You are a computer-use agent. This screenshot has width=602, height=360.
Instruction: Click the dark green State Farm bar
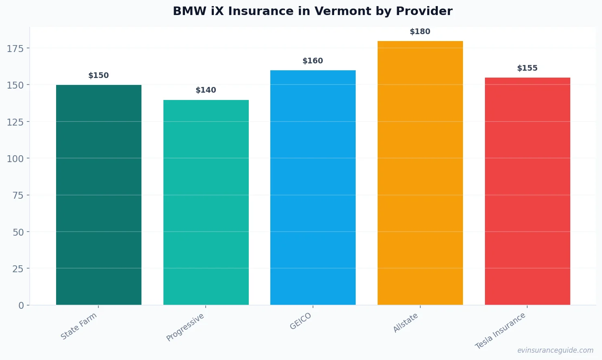pos(99,195)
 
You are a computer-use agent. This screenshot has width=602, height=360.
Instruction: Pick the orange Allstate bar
pos(420,173)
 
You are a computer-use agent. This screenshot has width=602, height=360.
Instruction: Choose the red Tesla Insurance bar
pos(527,191)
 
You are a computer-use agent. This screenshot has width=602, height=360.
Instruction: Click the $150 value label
pos(99,76)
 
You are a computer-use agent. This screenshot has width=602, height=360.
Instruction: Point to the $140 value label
pos(206,90)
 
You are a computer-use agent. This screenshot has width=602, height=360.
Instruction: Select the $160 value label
pos(313,61)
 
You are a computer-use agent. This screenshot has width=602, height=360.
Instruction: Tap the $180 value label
pos(420,32)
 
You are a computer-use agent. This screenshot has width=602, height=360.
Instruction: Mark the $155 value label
pos(527,68)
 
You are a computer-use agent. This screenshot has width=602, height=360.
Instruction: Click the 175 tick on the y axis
pos(15,49)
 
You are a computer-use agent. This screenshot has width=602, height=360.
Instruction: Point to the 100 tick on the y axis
pos(15,159)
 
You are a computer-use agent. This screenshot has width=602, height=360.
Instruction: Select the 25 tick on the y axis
pos(18,269)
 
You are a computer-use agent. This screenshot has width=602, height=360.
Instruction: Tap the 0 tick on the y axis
pos(21,306)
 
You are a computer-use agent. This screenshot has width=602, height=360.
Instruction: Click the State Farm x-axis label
pos(79,326)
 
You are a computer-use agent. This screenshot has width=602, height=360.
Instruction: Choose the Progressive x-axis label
pos(185,327)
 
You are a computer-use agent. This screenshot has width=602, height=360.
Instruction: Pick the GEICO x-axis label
pos(301,321)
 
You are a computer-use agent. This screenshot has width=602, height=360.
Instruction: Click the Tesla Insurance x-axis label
pos(500,331)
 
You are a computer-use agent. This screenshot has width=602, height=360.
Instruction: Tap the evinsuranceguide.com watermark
pos(555,350)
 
